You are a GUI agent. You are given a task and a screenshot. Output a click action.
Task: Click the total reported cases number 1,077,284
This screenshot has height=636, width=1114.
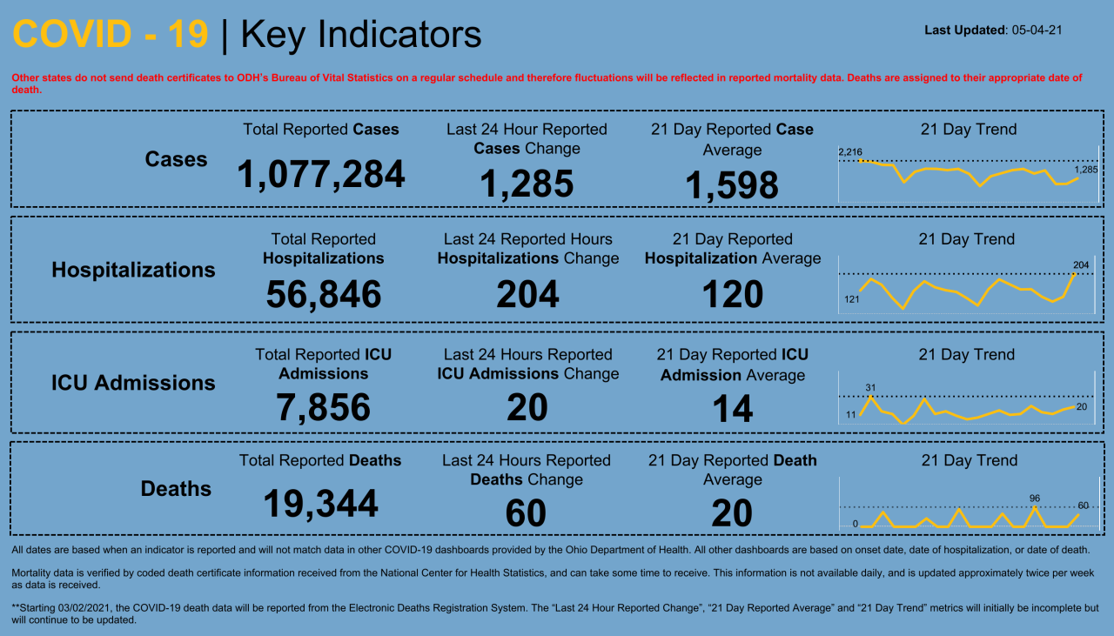coord(320,174)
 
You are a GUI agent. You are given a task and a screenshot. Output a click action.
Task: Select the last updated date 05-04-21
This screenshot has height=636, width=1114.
coord(1037,30)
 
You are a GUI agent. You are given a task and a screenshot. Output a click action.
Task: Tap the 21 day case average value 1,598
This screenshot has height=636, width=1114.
coord(731,184)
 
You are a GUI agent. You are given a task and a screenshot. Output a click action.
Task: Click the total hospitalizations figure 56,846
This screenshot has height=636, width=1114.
coord(323,294)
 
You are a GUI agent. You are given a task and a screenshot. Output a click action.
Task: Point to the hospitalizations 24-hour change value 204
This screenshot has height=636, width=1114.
coord(527,294)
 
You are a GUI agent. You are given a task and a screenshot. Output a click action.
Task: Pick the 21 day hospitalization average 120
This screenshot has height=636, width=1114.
coord(732,294)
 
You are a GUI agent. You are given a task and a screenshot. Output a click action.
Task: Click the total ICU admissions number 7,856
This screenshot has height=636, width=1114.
coord(323,407)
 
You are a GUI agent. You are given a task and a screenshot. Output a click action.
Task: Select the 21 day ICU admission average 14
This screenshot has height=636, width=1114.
coord(732,409)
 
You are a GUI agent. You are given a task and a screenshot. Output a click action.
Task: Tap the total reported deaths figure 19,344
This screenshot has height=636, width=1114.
coord(320,503)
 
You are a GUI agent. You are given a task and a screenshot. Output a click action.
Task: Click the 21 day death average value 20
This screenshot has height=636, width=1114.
coord(731,513)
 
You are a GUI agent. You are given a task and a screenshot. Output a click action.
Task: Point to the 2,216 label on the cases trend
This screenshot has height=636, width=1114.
coord(849,152)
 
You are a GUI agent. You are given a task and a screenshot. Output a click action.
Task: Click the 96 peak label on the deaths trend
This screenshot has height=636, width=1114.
coord(1035,499)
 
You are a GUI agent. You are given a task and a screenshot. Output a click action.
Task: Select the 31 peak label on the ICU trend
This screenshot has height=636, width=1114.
coord(870,387)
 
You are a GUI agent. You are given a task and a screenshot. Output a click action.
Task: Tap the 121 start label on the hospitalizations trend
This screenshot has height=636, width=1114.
coord(851,299)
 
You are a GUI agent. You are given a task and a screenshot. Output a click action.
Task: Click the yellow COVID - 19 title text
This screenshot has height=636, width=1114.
coord(111,35)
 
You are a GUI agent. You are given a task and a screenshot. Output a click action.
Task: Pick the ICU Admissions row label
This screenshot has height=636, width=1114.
coord(133,383)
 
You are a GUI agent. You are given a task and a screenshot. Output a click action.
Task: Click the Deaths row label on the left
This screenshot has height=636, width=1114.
coord(176,489)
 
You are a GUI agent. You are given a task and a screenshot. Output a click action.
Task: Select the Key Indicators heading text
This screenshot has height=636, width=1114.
coord(360,35)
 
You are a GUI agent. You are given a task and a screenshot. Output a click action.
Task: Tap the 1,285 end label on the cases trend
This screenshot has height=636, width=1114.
coord(1086,170)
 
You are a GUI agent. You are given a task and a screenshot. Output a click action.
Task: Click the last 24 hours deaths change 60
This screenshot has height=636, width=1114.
coord(527,513)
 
